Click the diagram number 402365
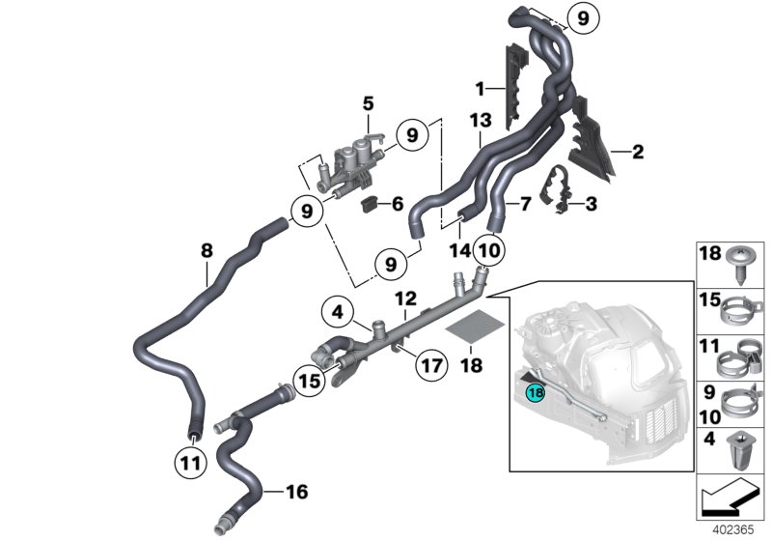735,530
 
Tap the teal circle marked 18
534,393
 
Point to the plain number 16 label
296,493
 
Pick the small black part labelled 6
369,203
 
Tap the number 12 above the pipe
404,299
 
